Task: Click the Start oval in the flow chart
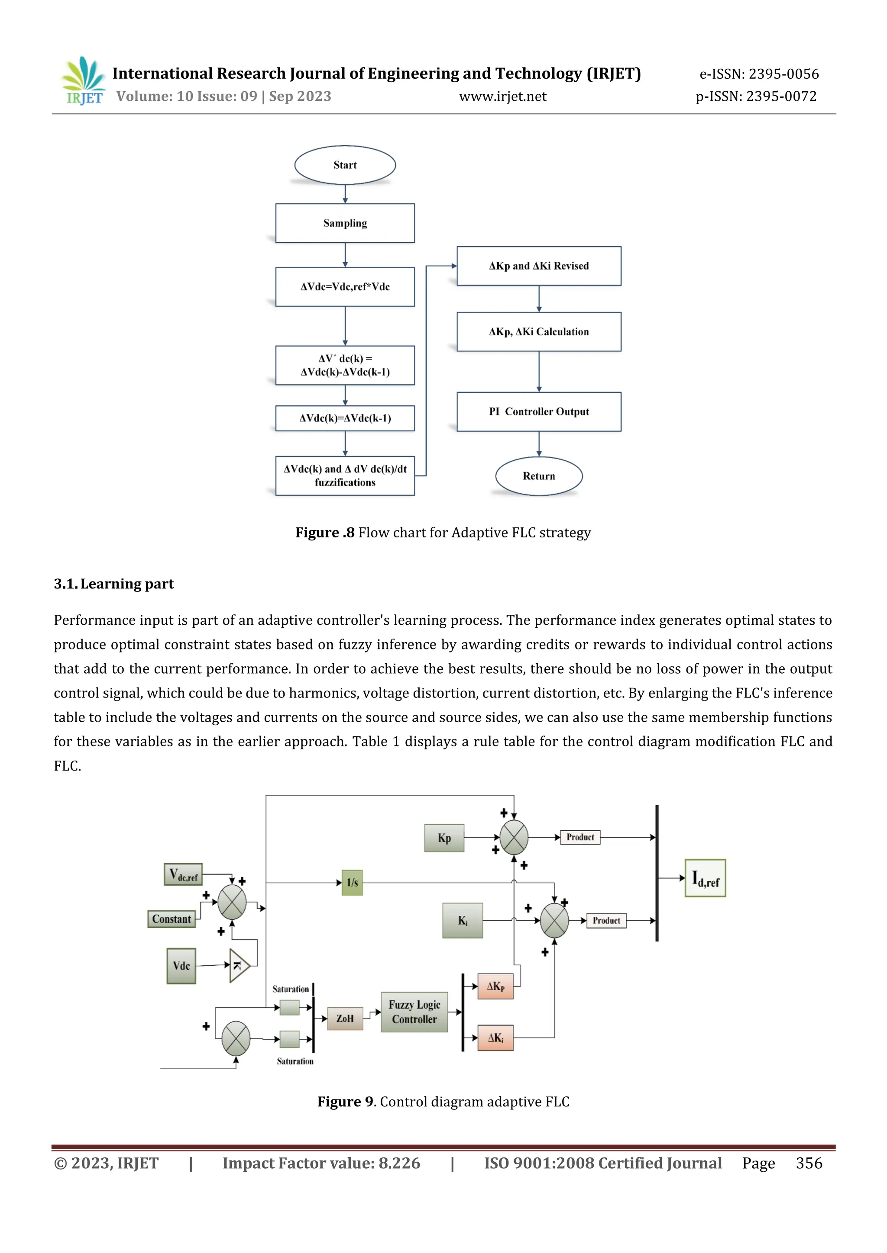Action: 345,165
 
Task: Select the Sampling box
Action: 345,223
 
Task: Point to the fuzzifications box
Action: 345,476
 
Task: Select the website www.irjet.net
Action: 502,96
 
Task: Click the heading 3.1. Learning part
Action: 113,584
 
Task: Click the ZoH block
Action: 345,1018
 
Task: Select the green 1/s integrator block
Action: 352,883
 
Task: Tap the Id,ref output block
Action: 705,878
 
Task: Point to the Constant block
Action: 172,919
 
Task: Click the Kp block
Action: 444,838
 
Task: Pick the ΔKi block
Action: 495,1038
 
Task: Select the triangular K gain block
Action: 239,965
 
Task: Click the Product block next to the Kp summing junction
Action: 579,837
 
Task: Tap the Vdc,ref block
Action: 183,874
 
